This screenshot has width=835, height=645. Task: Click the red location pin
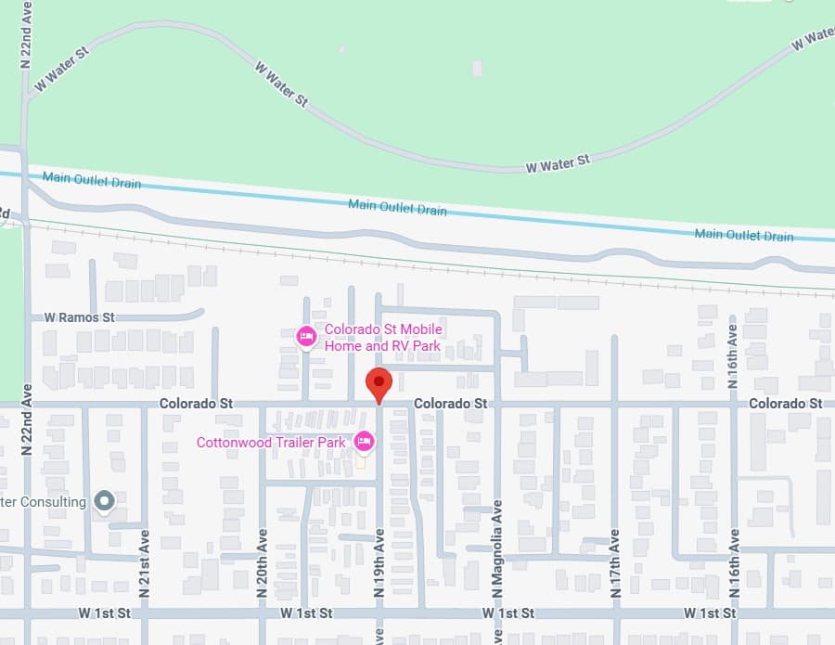click(379, 383)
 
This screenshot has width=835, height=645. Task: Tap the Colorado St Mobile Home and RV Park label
click(382, 338)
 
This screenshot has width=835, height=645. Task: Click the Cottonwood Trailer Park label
click(271, 443)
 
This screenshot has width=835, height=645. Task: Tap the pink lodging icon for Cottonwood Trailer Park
click(365, 441)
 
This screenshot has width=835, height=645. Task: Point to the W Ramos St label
click(79, 317)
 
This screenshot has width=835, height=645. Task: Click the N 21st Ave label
click(144, 561)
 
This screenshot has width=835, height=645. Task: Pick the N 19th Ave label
click(379, 561)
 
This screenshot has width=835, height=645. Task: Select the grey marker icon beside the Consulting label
click(104, 502)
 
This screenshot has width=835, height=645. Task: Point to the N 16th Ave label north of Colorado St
click(733, 343)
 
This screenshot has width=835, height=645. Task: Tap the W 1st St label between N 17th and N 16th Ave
click(709, 613)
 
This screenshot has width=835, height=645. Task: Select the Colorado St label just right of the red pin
click(450, 404)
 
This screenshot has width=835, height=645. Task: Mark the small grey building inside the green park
click(477, 69)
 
